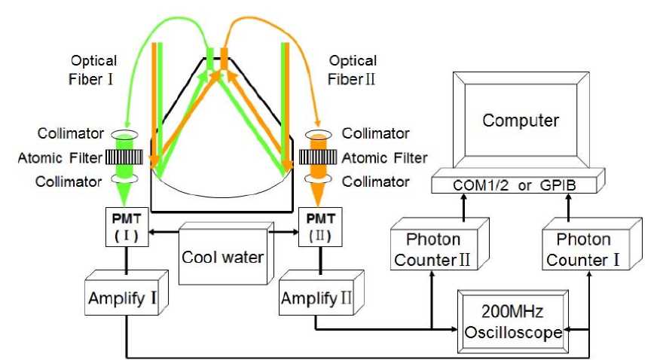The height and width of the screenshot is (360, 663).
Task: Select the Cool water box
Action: [x=222, y=257]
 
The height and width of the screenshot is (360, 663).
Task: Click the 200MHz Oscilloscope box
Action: [x=513, y=320]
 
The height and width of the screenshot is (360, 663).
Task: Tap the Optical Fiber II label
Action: [x=353, y=68]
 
